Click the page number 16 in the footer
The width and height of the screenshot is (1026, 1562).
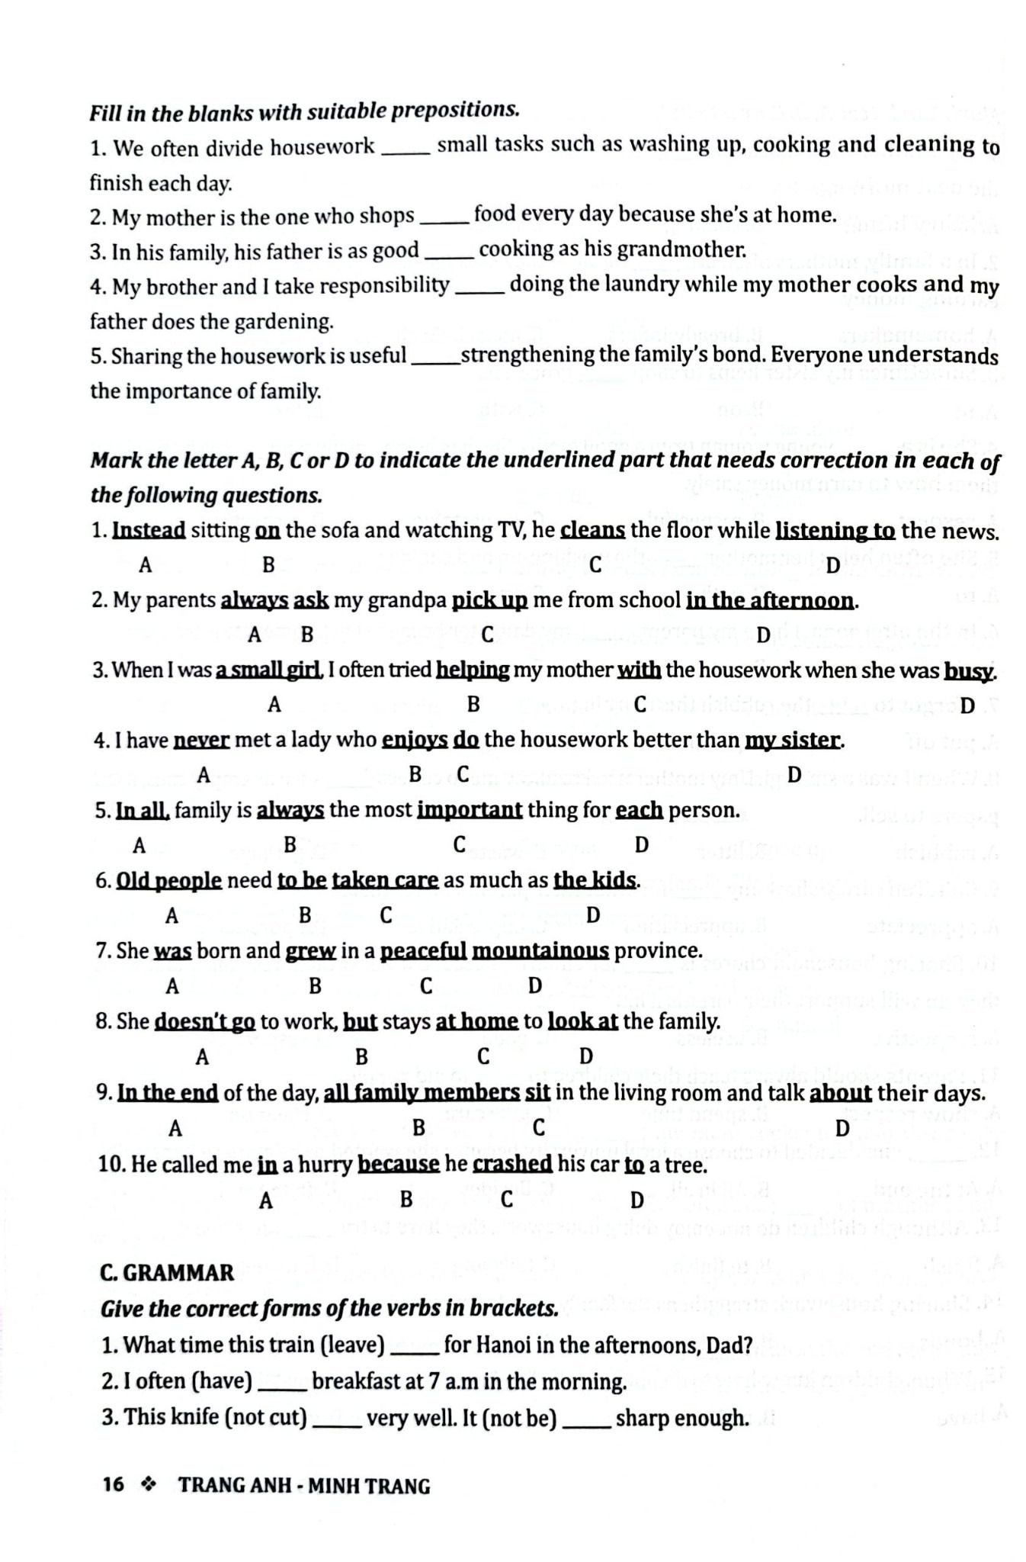click(113, 1485)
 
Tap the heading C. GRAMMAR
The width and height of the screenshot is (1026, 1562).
click(167, 1273)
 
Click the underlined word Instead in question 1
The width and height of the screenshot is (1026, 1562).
click(149, 530)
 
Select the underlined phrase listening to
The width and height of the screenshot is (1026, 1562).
click(835, 530)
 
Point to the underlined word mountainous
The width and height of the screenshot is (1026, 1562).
click(540, 951)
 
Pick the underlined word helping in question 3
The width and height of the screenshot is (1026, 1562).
click(473, 670)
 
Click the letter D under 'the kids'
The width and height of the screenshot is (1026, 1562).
click(594, 914)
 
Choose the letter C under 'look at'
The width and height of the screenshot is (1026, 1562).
click(483, 1056)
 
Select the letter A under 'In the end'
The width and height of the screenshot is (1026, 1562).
click(175, 1127)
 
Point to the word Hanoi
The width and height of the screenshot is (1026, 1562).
click(504, 1345)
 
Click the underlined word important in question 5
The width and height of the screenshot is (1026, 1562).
click(470, 810)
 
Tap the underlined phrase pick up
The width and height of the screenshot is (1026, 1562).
click(489, 600)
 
